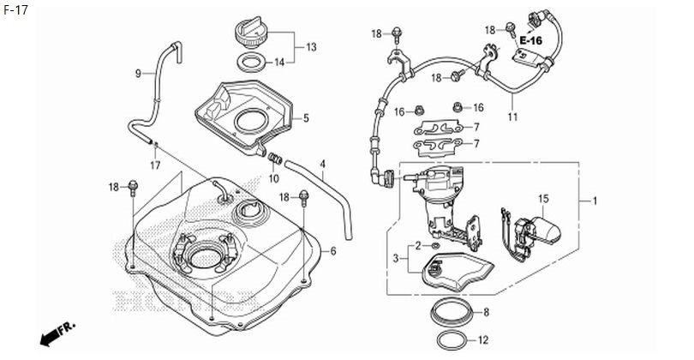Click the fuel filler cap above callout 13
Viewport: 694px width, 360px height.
(x=250, y=33)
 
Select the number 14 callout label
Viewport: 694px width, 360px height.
(x=279, y=63)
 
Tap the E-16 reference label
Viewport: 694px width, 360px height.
(x=530, y=41)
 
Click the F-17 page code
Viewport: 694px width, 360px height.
(x=16, y=10)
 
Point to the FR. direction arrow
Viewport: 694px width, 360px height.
(x=57, y=333)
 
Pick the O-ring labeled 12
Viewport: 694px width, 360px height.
(x=452, y=340)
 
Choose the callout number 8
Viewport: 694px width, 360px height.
(x=487, y=312)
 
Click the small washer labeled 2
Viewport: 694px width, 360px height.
(x=435, y=246)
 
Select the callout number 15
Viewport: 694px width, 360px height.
(x=543, y=199)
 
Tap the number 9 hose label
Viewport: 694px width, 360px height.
(x=138, y=74)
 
